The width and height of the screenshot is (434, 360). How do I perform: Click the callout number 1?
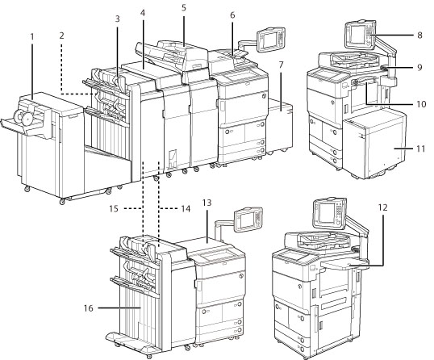pos(32,36)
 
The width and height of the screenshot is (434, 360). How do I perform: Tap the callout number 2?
pos(61,36)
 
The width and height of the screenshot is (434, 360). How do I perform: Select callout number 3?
pos(117,19)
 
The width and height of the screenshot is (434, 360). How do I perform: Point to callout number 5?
pos(184,7)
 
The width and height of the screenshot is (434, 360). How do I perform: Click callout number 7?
pos(282,65)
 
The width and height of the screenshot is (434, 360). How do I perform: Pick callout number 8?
pos(419,36)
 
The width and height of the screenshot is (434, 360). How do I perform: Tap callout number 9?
pos(419,67)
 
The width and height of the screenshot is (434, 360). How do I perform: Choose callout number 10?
pos(421,104)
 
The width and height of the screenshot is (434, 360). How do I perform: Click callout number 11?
pos(421,149)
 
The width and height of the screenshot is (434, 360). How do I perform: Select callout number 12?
pos(383,207)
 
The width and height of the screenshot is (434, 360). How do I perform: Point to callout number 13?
pos(207,203)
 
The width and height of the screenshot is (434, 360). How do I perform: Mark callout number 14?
pos(186,208)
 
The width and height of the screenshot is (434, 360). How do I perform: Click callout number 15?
pos(114,208)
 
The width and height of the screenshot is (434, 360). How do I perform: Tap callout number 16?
pos(89,308)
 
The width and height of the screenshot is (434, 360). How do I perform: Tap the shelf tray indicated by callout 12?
pos(344,264)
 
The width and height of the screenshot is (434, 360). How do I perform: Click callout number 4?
pos(143,13)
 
